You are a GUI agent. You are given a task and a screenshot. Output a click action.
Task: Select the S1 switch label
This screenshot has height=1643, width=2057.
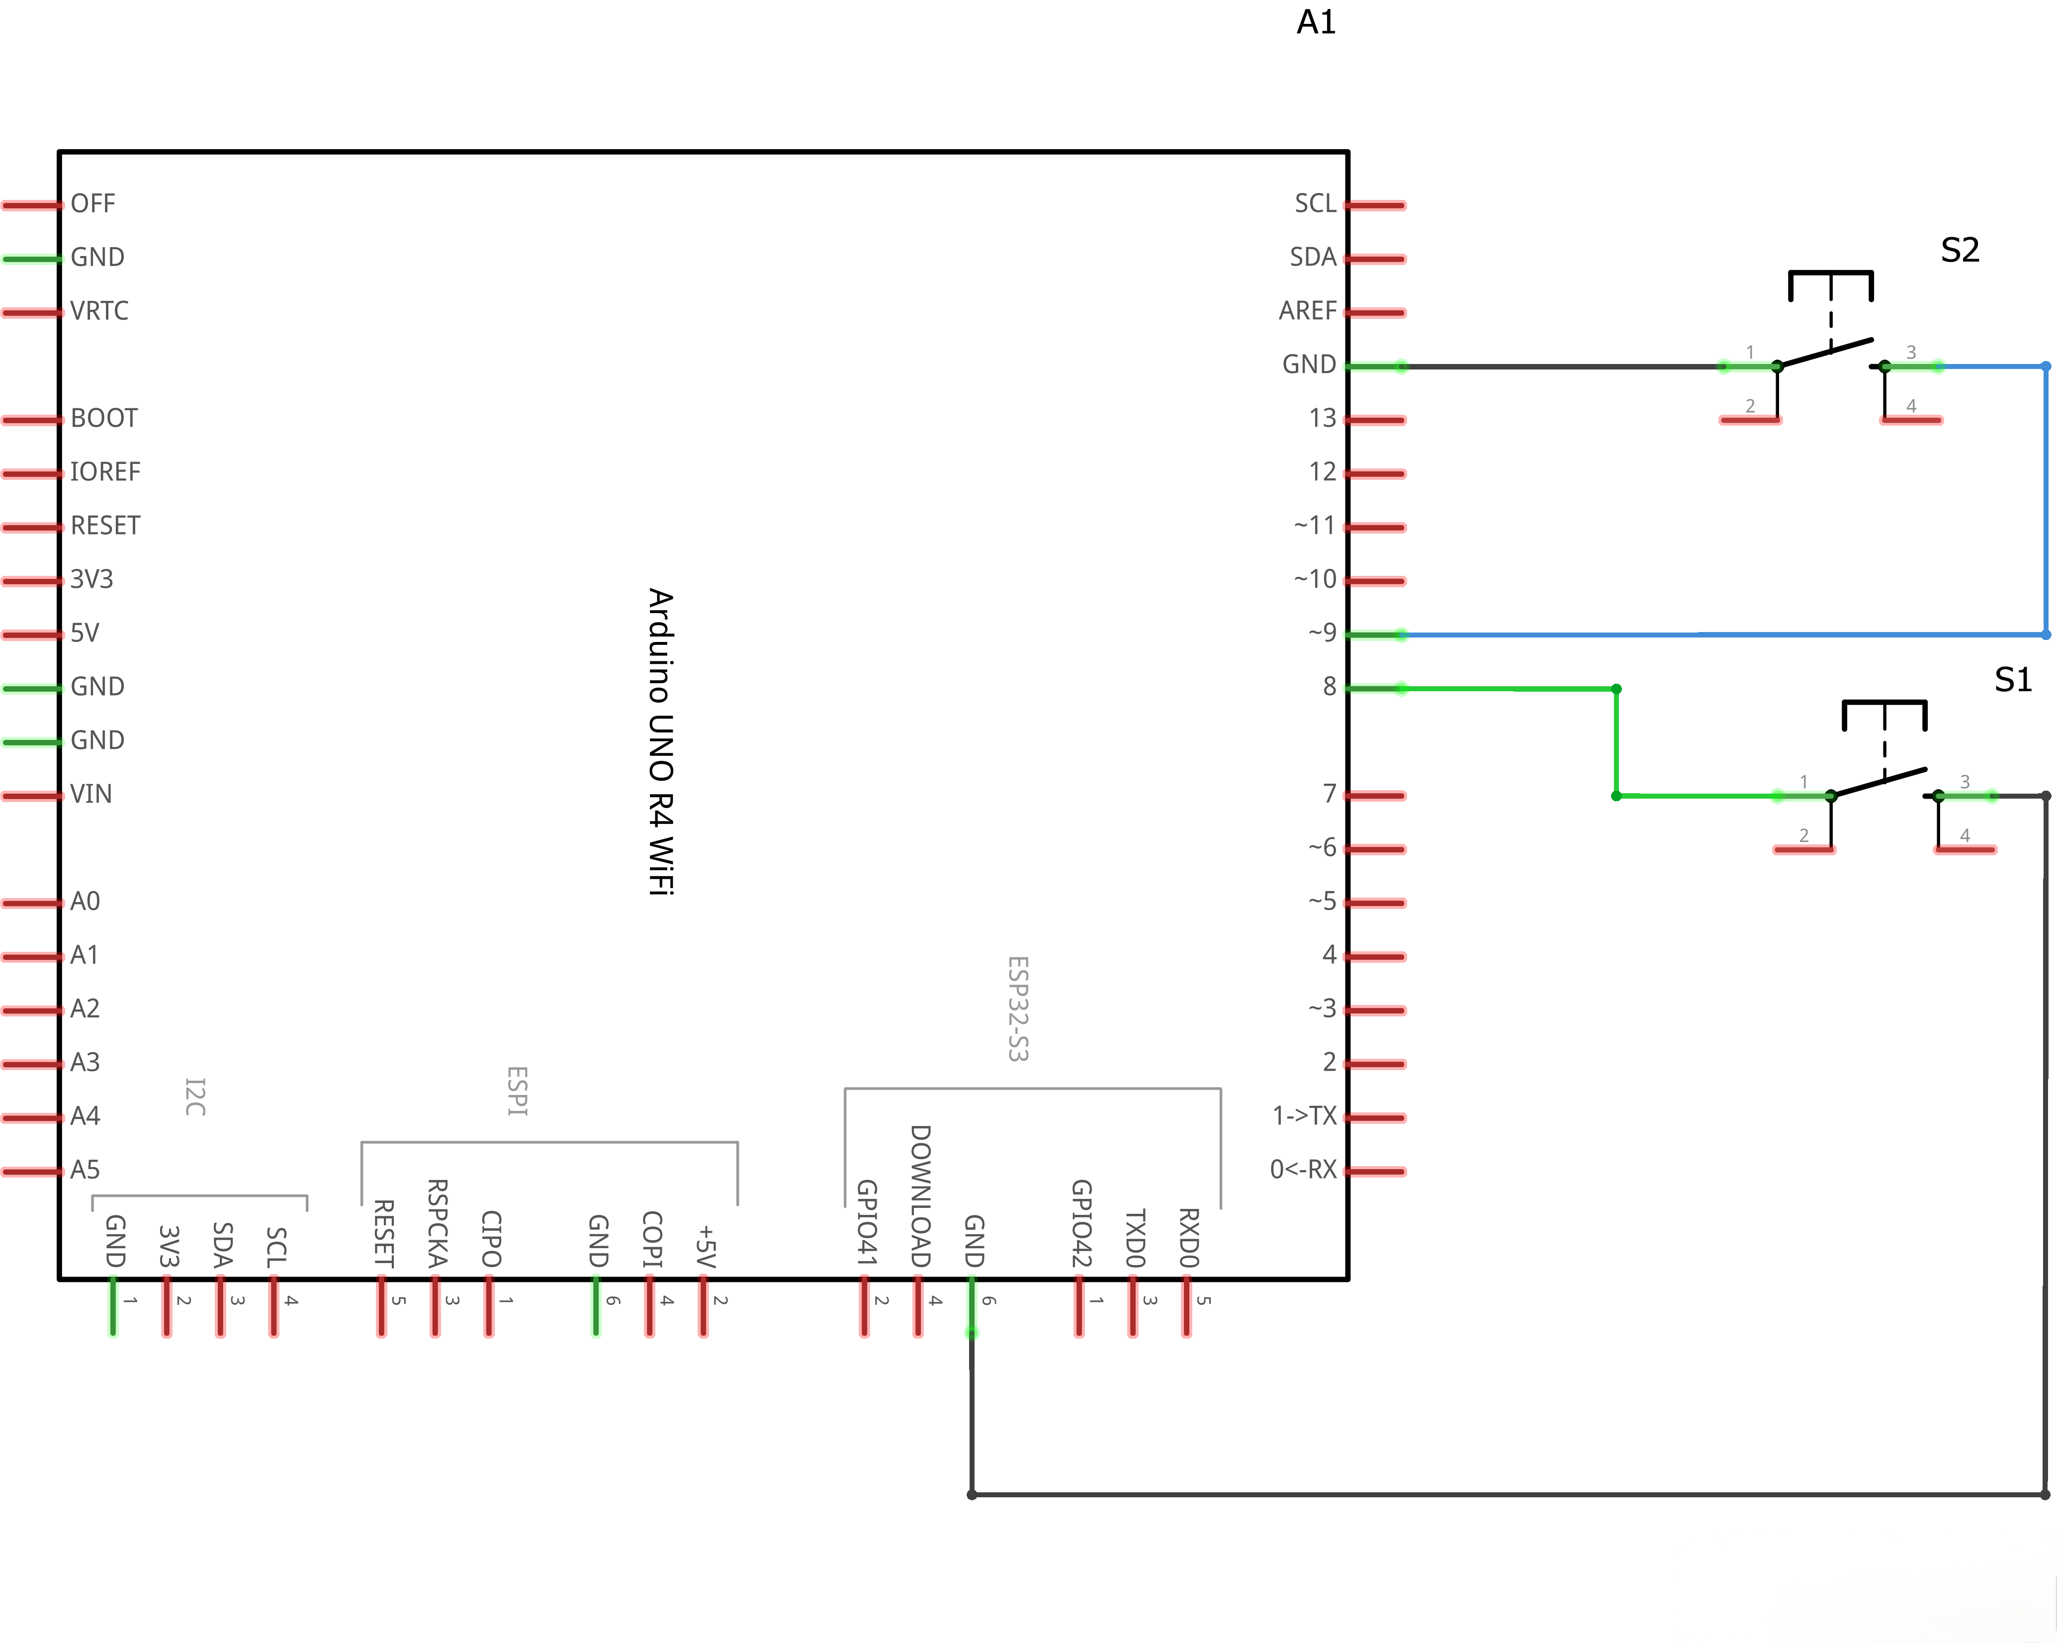[2013, 679]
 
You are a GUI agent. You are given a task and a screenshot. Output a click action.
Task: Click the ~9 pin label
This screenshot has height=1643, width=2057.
[1323, 633]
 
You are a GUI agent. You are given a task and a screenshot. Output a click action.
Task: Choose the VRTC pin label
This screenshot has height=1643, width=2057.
[99, 311]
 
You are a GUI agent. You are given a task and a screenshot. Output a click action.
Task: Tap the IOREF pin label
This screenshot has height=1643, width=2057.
[105, 472]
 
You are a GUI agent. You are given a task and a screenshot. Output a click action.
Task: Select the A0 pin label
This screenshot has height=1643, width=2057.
[85, 902]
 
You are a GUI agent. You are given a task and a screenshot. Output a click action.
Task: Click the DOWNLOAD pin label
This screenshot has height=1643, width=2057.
[920, 1195]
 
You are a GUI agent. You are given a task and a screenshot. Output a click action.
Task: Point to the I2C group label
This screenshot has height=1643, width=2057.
[194, 1097]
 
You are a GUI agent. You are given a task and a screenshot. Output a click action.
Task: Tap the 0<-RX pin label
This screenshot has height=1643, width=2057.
[1303, 1170]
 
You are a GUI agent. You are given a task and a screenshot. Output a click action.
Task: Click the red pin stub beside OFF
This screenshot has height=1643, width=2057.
[30, 205]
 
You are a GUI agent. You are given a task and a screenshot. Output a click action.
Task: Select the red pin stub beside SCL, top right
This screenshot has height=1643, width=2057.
[1376, 205]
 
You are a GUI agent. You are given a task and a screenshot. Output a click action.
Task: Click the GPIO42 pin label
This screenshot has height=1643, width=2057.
[1081, 1223]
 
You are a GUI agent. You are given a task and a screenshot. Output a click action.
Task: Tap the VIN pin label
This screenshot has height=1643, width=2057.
[90, 794]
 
